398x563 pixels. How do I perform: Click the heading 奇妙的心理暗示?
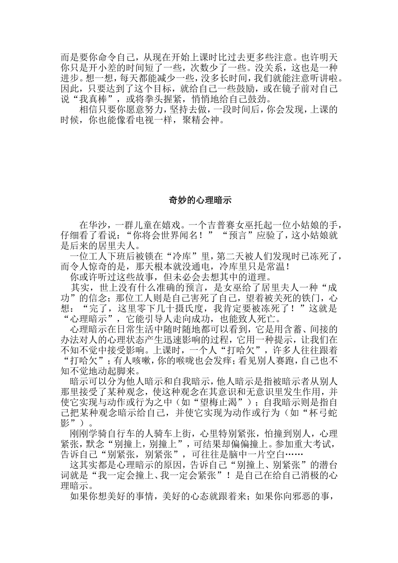click(x=199, y=200)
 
